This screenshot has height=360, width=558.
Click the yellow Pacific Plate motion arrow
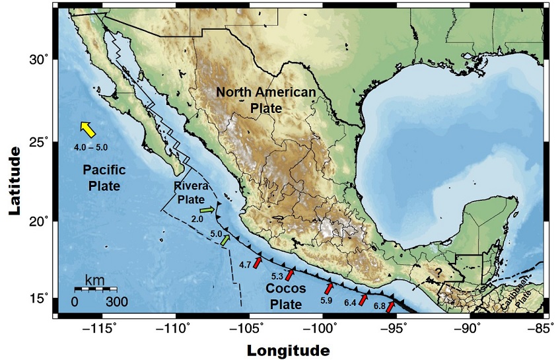87,129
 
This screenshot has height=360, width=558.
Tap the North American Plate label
266,100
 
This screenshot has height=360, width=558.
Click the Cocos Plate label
286,297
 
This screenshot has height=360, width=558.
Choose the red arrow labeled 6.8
391,307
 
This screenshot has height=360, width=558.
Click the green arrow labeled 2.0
208,210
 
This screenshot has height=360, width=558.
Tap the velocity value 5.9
326,301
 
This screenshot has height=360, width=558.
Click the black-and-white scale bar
96,289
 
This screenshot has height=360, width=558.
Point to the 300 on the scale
116,302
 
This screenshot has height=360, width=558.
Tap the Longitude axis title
289,349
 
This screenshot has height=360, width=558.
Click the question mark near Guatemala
436,271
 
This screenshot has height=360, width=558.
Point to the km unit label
94,279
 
